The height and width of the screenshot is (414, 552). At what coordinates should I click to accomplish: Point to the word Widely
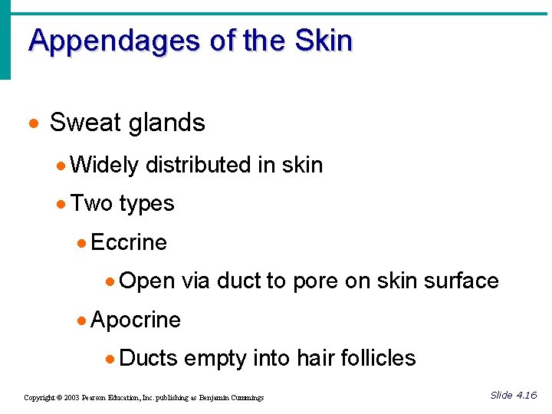click(x=103, y=165)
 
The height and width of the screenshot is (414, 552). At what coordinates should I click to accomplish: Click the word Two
click(x=91, y=203)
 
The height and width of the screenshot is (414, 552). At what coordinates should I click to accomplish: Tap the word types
click(x=146, y=204)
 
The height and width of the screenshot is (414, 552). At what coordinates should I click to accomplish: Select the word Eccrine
click(x=129, y=242)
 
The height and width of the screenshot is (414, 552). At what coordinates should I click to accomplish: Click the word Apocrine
click(x=136, y=320)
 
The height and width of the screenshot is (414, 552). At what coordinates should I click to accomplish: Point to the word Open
click(x=148, y=281)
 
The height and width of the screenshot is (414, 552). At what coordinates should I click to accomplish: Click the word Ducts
click(x=149, y=358)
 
